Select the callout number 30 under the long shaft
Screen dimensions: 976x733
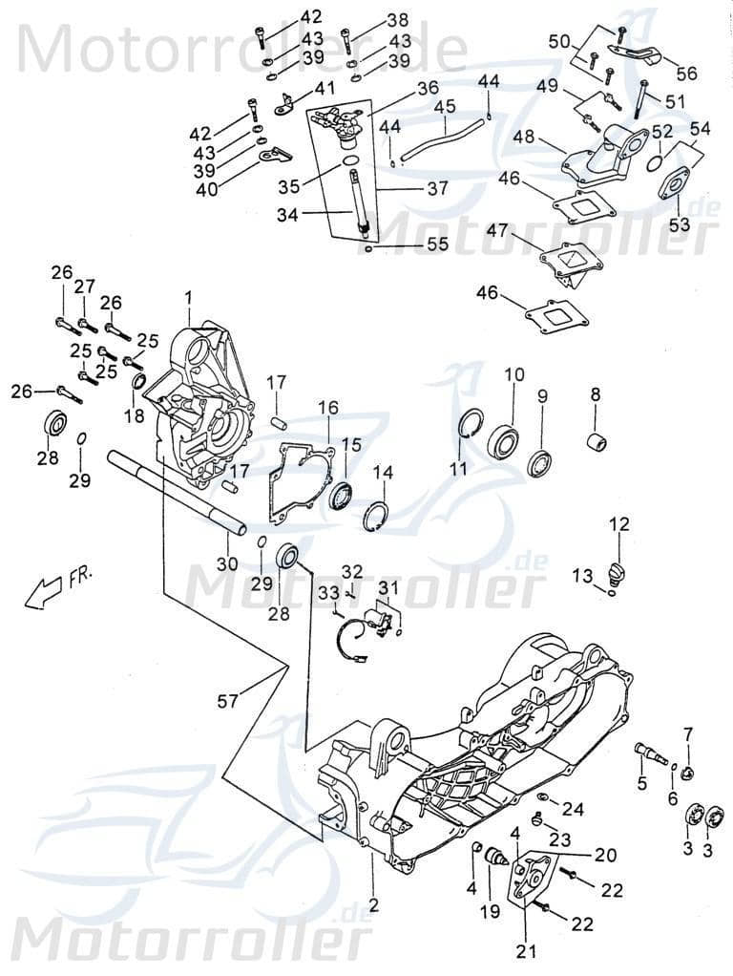[x=225, y=563]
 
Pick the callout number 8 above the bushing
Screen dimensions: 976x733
[x=595, y=393]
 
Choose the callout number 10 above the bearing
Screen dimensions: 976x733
[x=513, y=374]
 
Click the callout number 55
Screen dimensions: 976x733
[x=437, y=244]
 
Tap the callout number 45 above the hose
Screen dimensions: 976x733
[x=444, y=107]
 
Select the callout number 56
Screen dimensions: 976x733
[x=686, y=74]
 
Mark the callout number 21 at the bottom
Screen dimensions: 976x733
[x=526, y=949]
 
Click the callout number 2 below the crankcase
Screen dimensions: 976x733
[x=374, y=903]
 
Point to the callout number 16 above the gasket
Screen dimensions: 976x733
[x=328, y=408]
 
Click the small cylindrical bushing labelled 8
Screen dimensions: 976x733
[x=597, y=444]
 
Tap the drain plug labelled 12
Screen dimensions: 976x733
[x=616, y=574]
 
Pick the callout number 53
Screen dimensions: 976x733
[x=679, y=223]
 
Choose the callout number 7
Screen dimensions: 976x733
[x=687, y=732]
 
